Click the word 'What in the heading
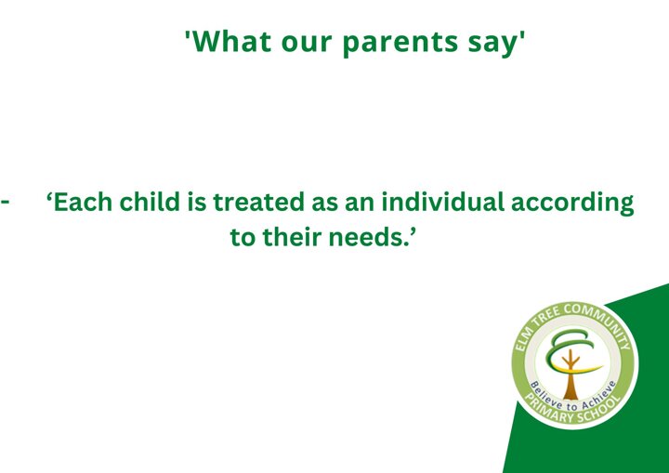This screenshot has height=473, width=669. click(x=228, y=41)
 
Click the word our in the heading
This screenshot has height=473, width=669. click(x=307, y=43)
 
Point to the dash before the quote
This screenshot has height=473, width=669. click(x=6, y=201)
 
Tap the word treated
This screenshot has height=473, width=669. click(x=258, y=202)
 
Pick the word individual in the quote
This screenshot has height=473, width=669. click(x=442, y=202)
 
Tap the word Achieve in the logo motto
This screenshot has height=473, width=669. click(x=600, y=395)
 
